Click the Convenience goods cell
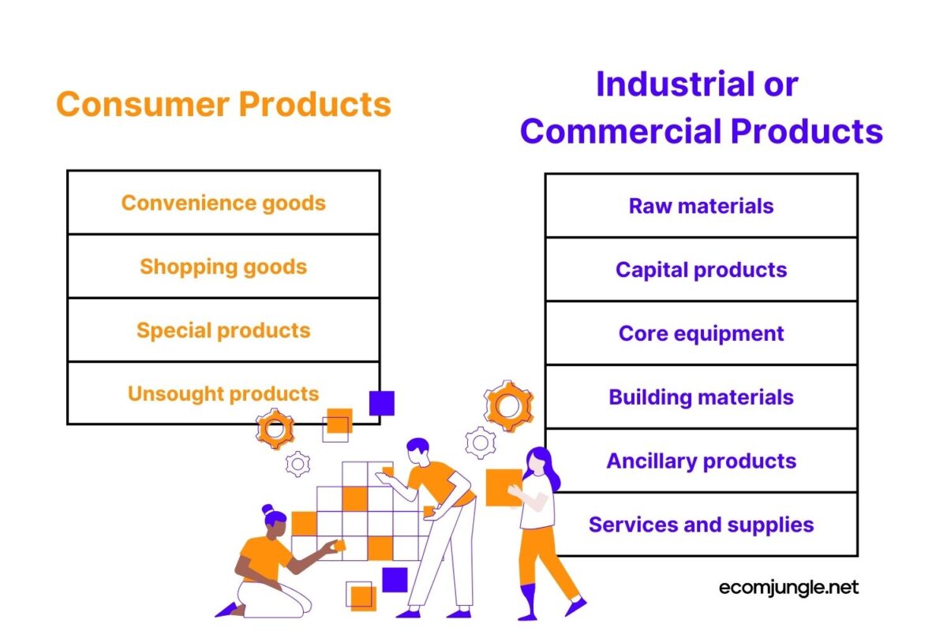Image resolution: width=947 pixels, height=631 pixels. click(223, 203)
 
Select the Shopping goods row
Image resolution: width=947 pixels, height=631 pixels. click(223, 267)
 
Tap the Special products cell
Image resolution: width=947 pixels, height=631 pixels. click(223, 330)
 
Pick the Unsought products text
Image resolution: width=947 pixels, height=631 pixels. click(223, 394)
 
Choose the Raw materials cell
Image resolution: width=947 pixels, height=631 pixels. click(701, 206)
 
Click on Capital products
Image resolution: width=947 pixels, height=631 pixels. click(701, 270)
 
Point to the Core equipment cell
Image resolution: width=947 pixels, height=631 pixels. click(701, 334)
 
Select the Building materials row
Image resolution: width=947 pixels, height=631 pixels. click(701, 397)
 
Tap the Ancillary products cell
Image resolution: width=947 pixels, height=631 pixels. click(701, 461)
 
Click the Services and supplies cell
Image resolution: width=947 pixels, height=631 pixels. click(701, 525)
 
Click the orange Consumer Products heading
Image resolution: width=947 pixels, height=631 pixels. click(223, 104)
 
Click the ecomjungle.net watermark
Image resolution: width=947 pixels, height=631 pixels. click(789, 587)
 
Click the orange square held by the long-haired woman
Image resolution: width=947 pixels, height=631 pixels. click(502, 487)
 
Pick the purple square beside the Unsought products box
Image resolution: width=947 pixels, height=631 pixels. click(382, 403)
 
